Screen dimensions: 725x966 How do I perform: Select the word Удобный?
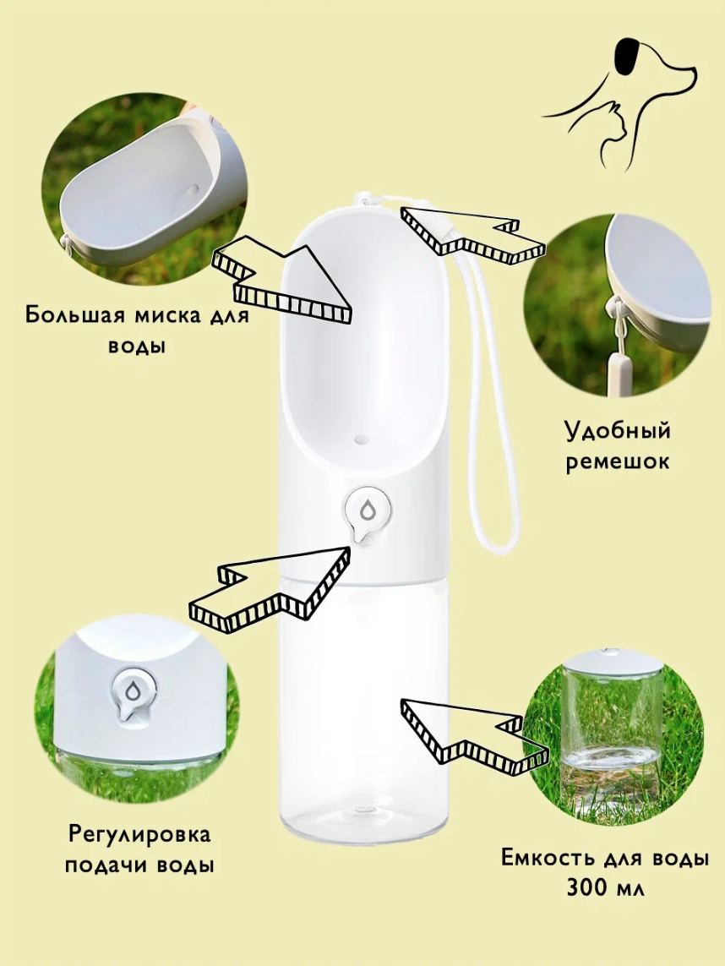[x=618, y=430]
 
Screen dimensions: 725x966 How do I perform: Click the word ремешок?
[x=617, y=461]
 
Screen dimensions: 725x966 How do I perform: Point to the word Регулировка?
[x=139, y=835]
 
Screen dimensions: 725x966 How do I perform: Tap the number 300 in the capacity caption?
[x=587, y=887]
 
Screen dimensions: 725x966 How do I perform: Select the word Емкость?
[x=548, y=857]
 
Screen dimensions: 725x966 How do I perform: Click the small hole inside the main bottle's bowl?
[x=360, y=439]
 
